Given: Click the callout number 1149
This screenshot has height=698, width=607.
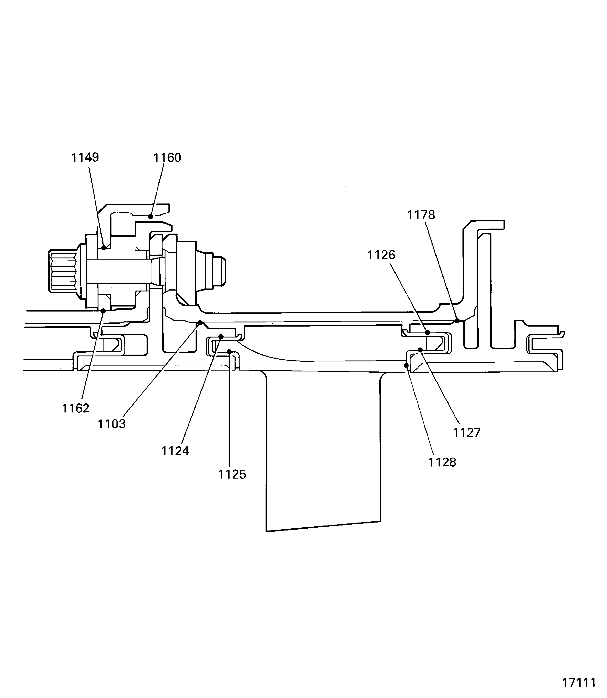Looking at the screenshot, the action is pyautogui.click(x=85, y=157).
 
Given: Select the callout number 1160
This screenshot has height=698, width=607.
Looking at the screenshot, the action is pyautogui.click(x=167, y=158).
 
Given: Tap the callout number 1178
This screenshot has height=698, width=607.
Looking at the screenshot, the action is pyautogui.click(x=421, y=215).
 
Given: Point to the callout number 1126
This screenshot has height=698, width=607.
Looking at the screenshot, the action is pyautogui.click(x=381, y=255).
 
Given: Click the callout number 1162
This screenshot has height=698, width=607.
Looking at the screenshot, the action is pyautogui.click(x=75, y=408).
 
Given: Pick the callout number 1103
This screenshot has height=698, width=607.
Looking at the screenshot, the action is pyautogui.click(x=112, y=424).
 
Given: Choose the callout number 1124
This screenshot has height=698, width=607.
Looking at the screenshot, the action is pyautogui.click(x=175, y=451).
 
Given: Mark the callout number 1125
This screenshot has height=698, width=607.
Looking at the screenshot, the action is pyautogui.click(x=232, y=474).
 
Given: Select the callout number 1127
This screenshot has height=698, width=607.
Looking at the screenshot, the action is pyautogui.click(x=467, y=433).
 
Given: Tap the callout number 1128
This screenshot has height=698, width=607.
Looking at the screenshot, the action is pyautogui.click(x=442, y=462).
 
